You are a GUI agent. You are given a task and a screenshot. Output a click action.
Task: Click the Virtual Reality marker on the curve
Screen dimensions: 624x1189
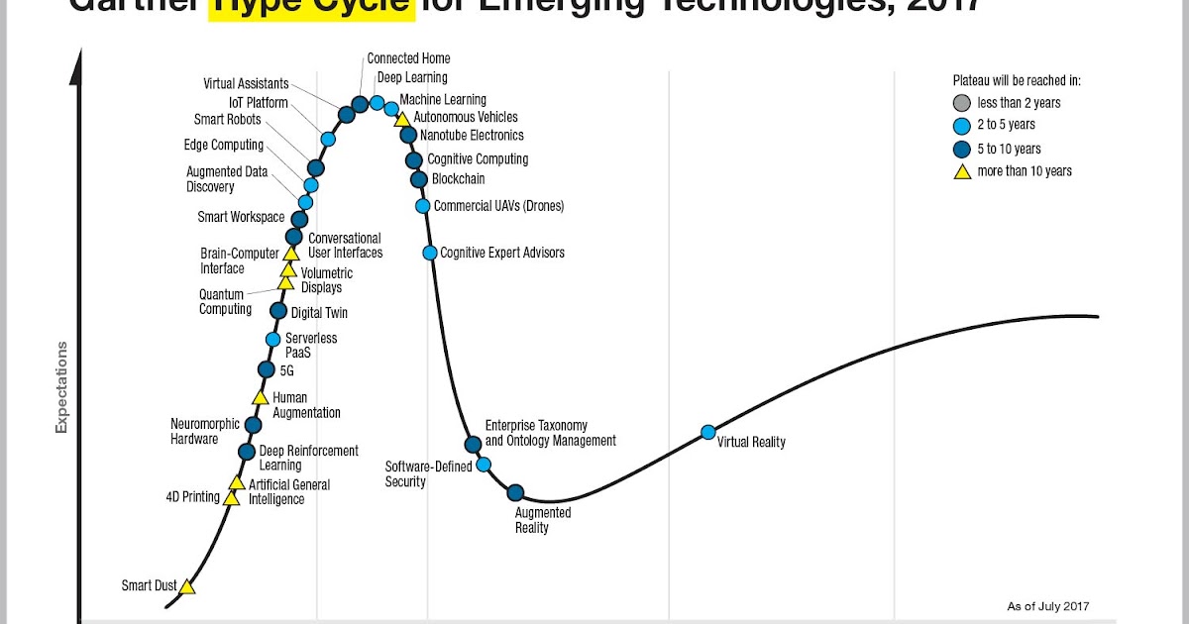(708, 432)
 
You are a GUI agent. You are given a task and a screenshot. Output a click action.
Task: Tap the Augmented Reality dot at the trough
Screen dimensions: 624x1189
(515, 492)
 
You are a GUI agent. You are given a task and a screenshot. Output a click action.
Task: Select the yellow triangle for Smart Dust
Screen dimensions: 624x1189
(187, 586)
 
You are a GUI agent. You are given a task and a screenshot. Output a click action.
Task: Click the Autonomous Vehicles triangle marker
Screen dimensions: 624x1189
(402, 119)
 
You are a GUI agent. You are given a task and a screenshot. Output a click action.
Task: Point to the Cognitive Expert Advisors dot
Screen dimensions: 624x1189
(430, 253)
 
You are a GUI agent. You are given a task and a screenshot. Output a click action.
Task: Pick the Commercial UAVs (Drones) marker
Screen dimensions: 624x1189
(423, 206)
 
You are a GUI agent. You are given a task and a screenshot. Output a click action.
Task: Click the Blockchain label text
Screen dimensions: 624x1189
(459, 179)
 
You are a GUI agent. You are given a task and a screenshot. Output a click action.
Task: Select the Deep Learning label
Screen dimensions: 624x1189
(412, 77)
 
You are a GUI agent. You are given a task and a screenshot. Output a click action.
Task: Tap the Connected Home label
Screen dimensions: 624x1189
(408, 58)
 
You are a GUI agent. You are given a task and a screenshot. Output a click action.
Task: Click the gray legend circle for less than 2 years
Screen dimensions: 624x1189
(960, 103)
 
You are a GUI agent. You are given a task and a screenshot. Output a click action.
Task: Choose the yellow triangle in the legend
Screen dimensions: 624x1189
(960, 171)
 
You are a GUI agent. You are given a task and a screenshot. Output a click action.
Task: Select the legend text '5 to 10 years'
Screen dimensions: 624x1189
(1009, 149)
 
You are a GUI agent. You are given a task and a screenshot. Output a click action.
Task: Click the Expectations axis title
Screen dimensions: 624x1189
(61, 387)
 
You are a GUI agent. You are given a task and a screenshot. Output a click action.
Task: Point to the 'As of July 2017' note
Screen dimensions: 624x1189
(1048, 606)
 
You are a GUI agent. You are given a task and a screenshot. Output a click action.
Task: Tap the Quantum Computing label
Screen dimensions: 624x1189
(225, 302)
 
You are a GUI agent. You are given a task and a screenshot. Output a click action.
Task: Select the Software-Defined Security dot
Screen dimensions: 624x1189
(484, 465)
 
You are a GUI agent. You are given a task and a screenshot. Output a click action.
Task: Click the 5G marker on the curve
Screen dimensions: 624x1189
(266, 369)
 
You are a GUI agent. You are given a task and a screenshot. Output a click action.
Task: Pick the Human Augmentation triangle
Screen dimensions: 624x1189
(260, 398)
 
